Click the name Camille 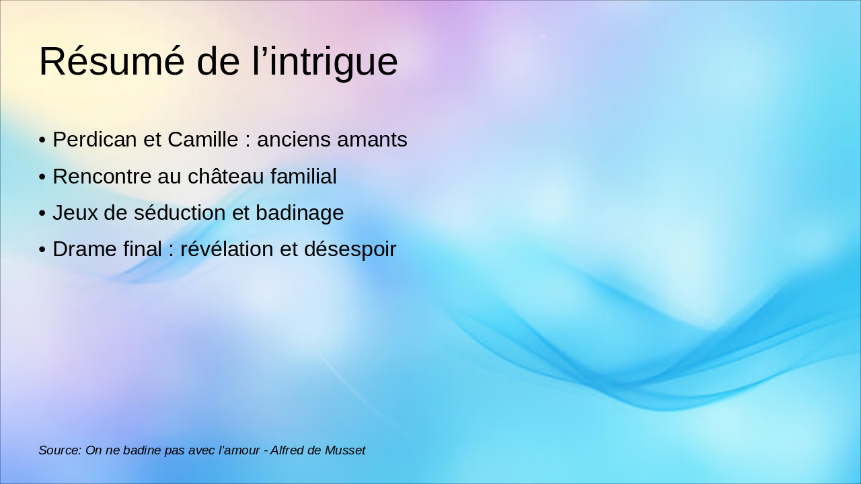pyautogui.click(x=203, y=139)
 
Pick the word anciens pyautogui.click(x=293, y=139)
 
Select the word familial pyautogui.click(x=303, y=176)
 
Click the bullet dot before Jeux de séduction pyautogui.click(x=42, y=213)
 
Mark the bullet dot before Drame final pyautogui.click(x=42, y=249)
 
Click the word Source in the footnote pyautogui.click(x=59, y=450)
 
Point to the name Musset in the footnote pyautogui.click(x=345, y=450)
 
